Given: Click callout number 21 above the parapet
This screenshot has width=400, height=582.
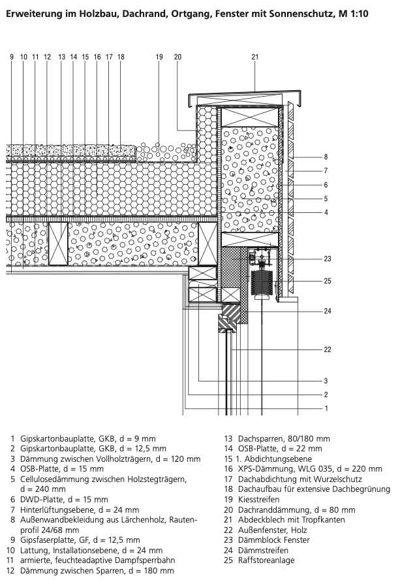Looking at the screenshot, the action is pos(255,57).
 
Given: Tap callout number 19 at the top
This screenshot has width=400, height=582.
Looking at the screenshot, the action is pos(159,57).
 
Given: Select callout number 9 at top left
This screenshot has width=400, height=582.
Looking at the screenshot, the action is pos(12,57).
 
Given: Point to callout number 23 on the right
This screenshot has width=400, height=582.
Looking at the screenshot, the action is pos(328,259).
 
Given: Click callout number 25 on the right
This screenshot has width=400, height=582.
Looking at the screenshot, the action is pos(328,281).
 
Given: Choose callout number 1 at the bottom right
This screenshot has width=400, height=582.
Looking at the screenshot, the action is pos(326,408).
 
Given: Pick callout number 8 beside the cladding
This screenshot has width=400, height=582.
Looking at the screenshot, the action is pos(326,157).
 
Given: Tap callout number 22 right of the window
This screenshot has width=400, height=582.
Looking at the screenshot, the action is pos(328,349).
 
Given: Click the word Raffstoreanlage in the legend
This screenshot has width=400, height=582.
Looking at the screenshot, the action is pos(266,560).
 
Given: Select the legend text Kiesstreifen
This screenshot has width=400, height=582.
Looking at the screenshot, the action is pos(259,499).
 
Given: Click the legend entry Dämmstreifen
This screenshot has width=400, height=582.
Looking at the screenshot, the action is pos(263,550).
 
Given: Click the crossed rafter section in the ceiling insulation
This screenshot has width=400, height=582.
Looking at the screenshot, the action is pos(58,244).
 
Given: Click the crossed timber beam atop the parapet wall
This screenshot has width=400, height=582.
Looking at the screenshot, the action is pos(250,117).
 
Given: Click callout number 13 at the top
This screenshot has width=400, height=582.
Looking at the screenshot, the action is pos(61,57).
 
